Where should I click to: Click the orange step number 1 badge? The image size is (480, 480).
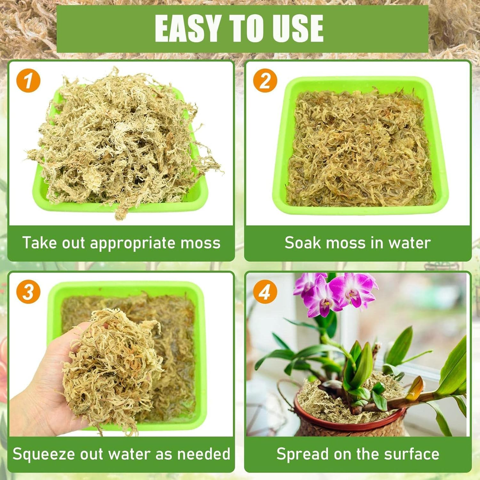pos(28,81)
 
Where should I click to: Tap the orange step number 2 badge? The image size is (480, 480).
pos(265,81)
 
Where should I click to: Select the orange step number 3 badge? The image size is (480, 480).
pos(28,292)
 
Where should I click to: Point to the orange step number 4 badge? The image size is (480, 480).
pos(265,292)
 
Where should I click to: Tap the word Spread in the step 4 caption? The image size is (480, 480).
pos(298,454)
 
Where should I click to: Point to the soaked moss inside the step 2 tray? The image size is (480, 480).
pos(360,150)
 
